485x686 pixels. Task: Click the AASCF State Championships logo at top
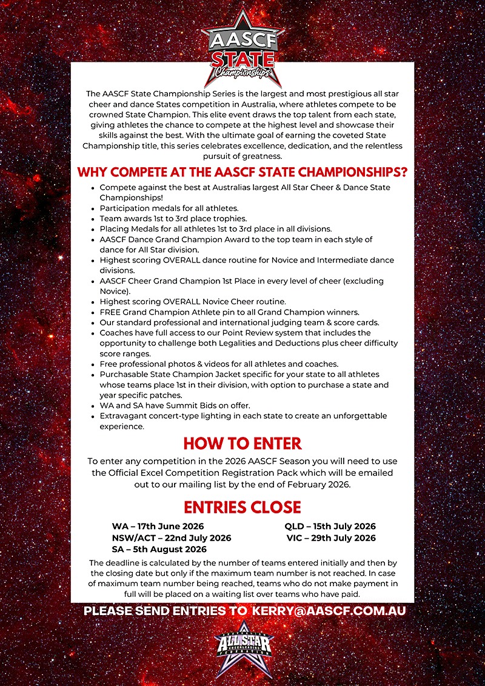coord(242,48)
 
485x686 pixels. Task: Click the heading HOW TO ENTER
coord(242,444)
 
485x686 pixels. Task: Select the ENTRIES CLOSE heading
coord(242,507)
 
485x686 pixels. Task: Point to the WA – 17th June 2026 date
coord(158,526)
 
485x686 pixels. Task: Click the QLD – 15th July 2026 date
coord(330,526)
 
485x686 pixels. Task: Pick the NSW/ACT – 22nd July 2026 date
coord(171,538)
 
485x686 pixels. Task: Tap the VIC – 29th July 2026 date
coord(331,538)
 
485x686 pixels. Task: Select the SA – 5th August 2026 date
coord(159,549)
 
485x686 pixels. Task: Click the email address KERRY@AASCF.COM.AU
coord(329,611)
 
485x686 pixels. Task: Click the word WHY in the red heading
coord(94,172)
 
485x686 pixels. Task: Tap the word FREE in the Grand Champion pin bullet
coord(110,312)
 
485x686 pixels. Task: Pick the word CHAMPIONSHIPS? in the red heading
coord(351,172)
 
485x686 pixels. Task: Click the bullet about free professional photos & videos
coord(219,364)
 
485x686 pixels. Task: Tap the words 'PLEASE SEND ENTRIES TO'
coord(165,611)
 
